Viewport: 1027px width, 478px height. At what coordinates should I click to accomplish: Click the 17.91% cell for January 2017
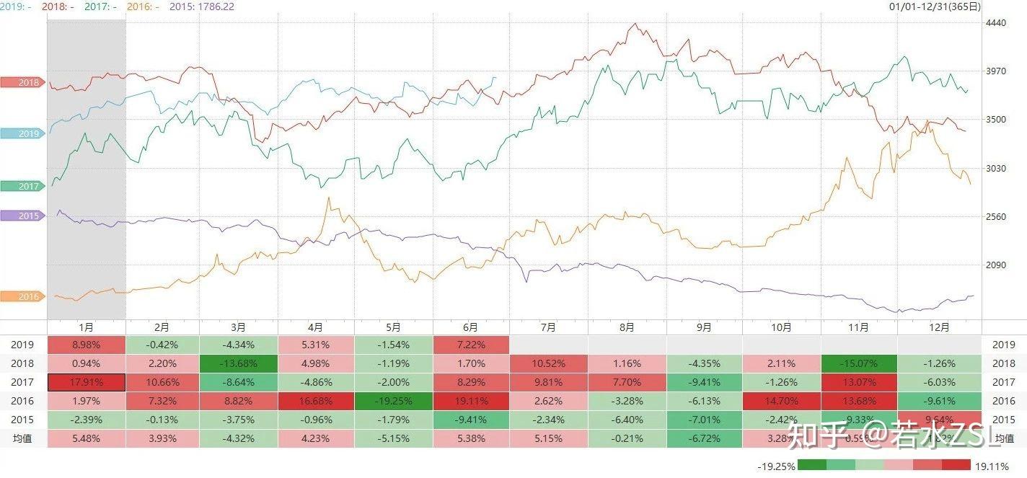point(86,382)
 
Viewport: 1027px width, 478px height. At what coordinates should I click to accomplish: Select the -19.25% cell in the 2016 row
point(393,400)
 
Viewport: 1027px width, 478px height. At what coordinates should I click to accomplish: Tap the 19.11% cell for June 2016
point(471,400)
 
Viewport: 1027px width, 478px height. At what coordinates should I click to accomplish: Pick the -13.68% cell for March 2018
point(239,363)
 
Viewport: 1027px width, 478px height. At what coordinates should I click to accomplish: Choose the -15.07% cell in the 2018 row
point(859,363)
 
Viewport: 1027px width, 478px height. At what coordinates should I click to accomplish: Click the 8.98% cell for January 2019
point(86,345)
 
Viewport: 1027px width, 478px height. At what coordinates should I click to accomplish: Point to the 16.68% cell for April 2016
point(316,400)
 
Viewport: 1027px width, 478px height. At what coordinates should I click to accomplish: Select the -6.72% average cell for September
point(704,438)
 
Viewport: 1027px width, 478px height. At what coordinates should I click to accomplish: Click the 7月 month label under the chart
point(548,327)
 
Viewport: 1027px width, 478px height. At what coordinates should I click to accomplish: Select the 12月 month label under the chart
point(938,327)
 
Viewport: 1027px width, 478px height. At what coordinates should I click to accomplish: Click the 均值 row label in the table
point(23,438)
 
